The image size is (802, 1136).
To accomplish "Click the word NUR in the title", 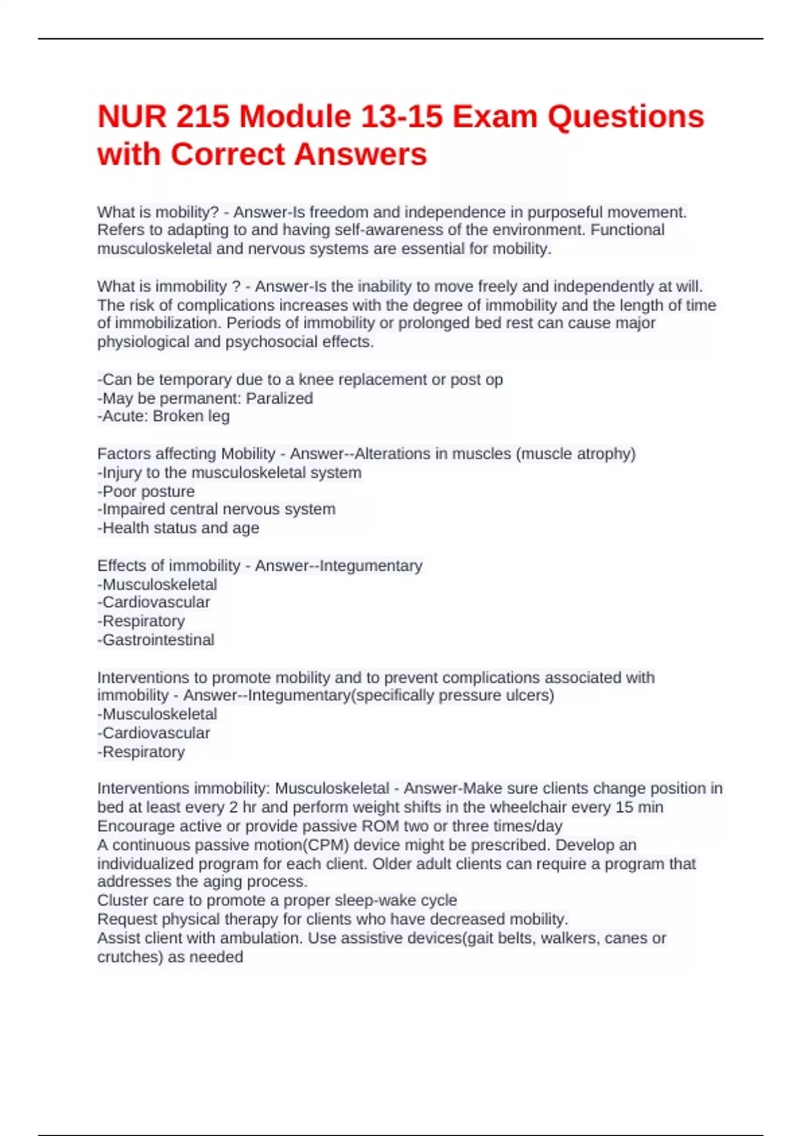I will tap(131, 116).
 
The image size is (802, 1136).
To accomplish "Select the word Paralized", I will tap(279, 398).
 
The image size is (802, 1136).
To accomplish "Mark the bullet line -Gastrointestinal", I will tap(156, 640).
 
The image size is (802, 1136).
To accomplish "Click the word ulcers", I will tap(528, 695).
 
